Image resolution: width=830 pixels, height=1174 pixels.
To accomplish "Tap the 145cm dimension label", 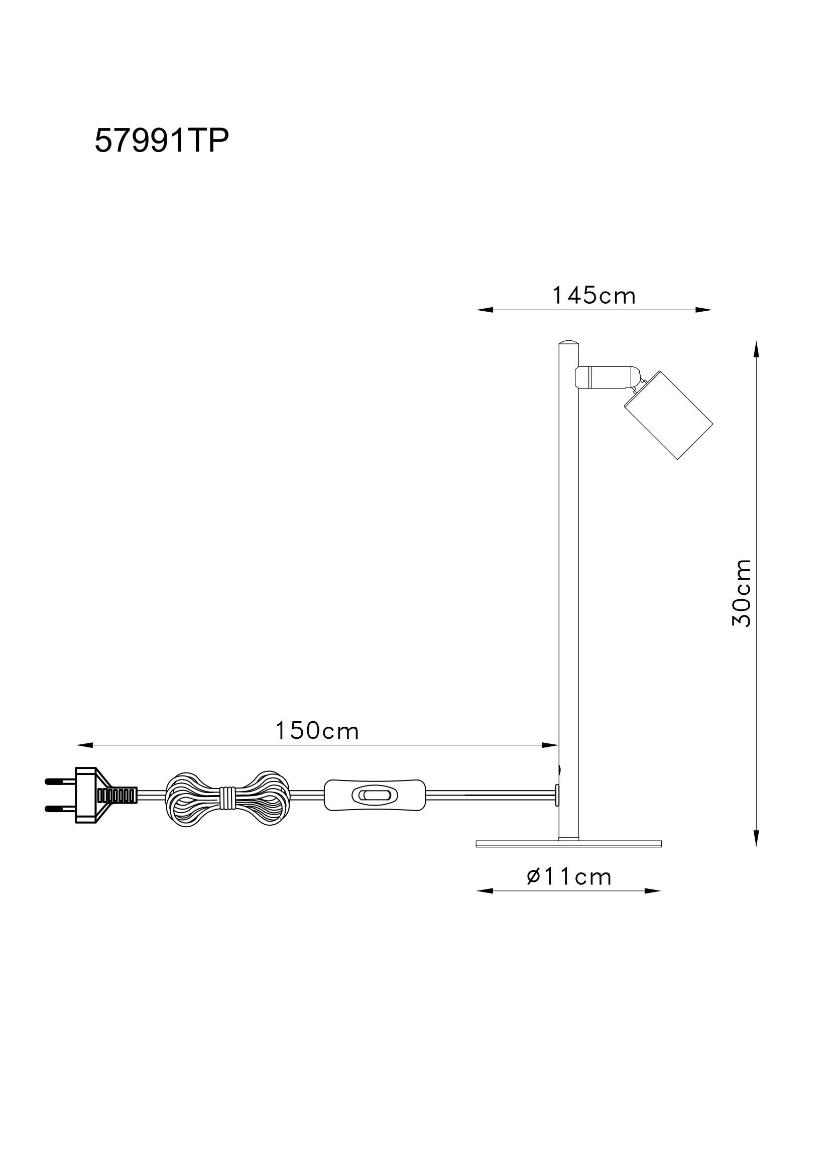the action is click(594, 296).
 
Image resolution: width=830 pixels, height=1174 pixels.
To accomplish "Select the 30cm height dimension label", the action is click(742, 593).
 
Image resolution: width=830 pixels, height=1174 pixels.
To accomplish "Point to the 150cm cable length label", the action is click(317, 731).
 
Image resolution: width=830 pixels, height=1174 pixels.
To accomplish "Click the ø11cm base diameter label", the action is click(569, 877).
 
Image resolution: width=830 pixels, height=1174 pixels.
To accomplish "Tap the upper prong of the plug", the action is click(60, 782).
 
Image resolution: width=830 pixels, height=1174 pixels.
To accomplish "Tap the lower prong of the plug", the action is click(60, 809).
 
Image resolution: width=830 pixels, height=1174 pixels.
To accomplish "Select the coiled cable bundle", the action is click(227, 795).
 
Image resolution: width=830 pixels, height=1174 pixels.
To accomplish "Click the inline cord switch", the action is click(375, 795).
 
